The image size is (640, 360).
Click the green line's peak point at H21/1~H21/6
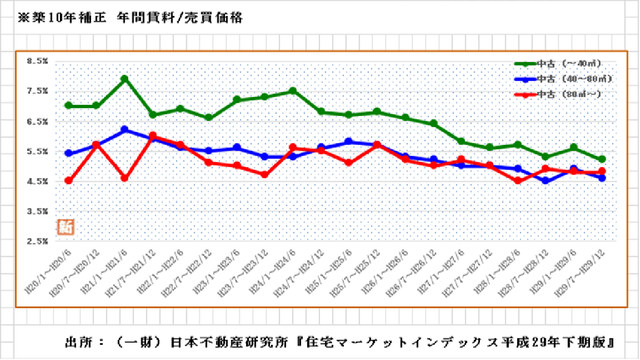125,79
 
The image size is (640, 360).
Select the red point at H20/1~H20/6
68,181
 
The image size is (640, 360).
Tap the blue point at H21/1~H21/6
125,129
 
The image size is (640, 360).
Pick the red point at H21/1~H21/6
125,178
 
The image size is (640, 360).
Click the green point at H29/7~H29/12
602,159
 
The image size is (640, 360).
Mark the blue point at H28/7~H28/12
546,181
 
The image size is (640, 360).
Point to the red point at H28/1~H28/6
518,181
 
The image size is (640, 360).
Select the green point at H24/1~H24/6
293,91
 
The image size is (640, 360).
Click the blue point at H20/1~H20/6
68,153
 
